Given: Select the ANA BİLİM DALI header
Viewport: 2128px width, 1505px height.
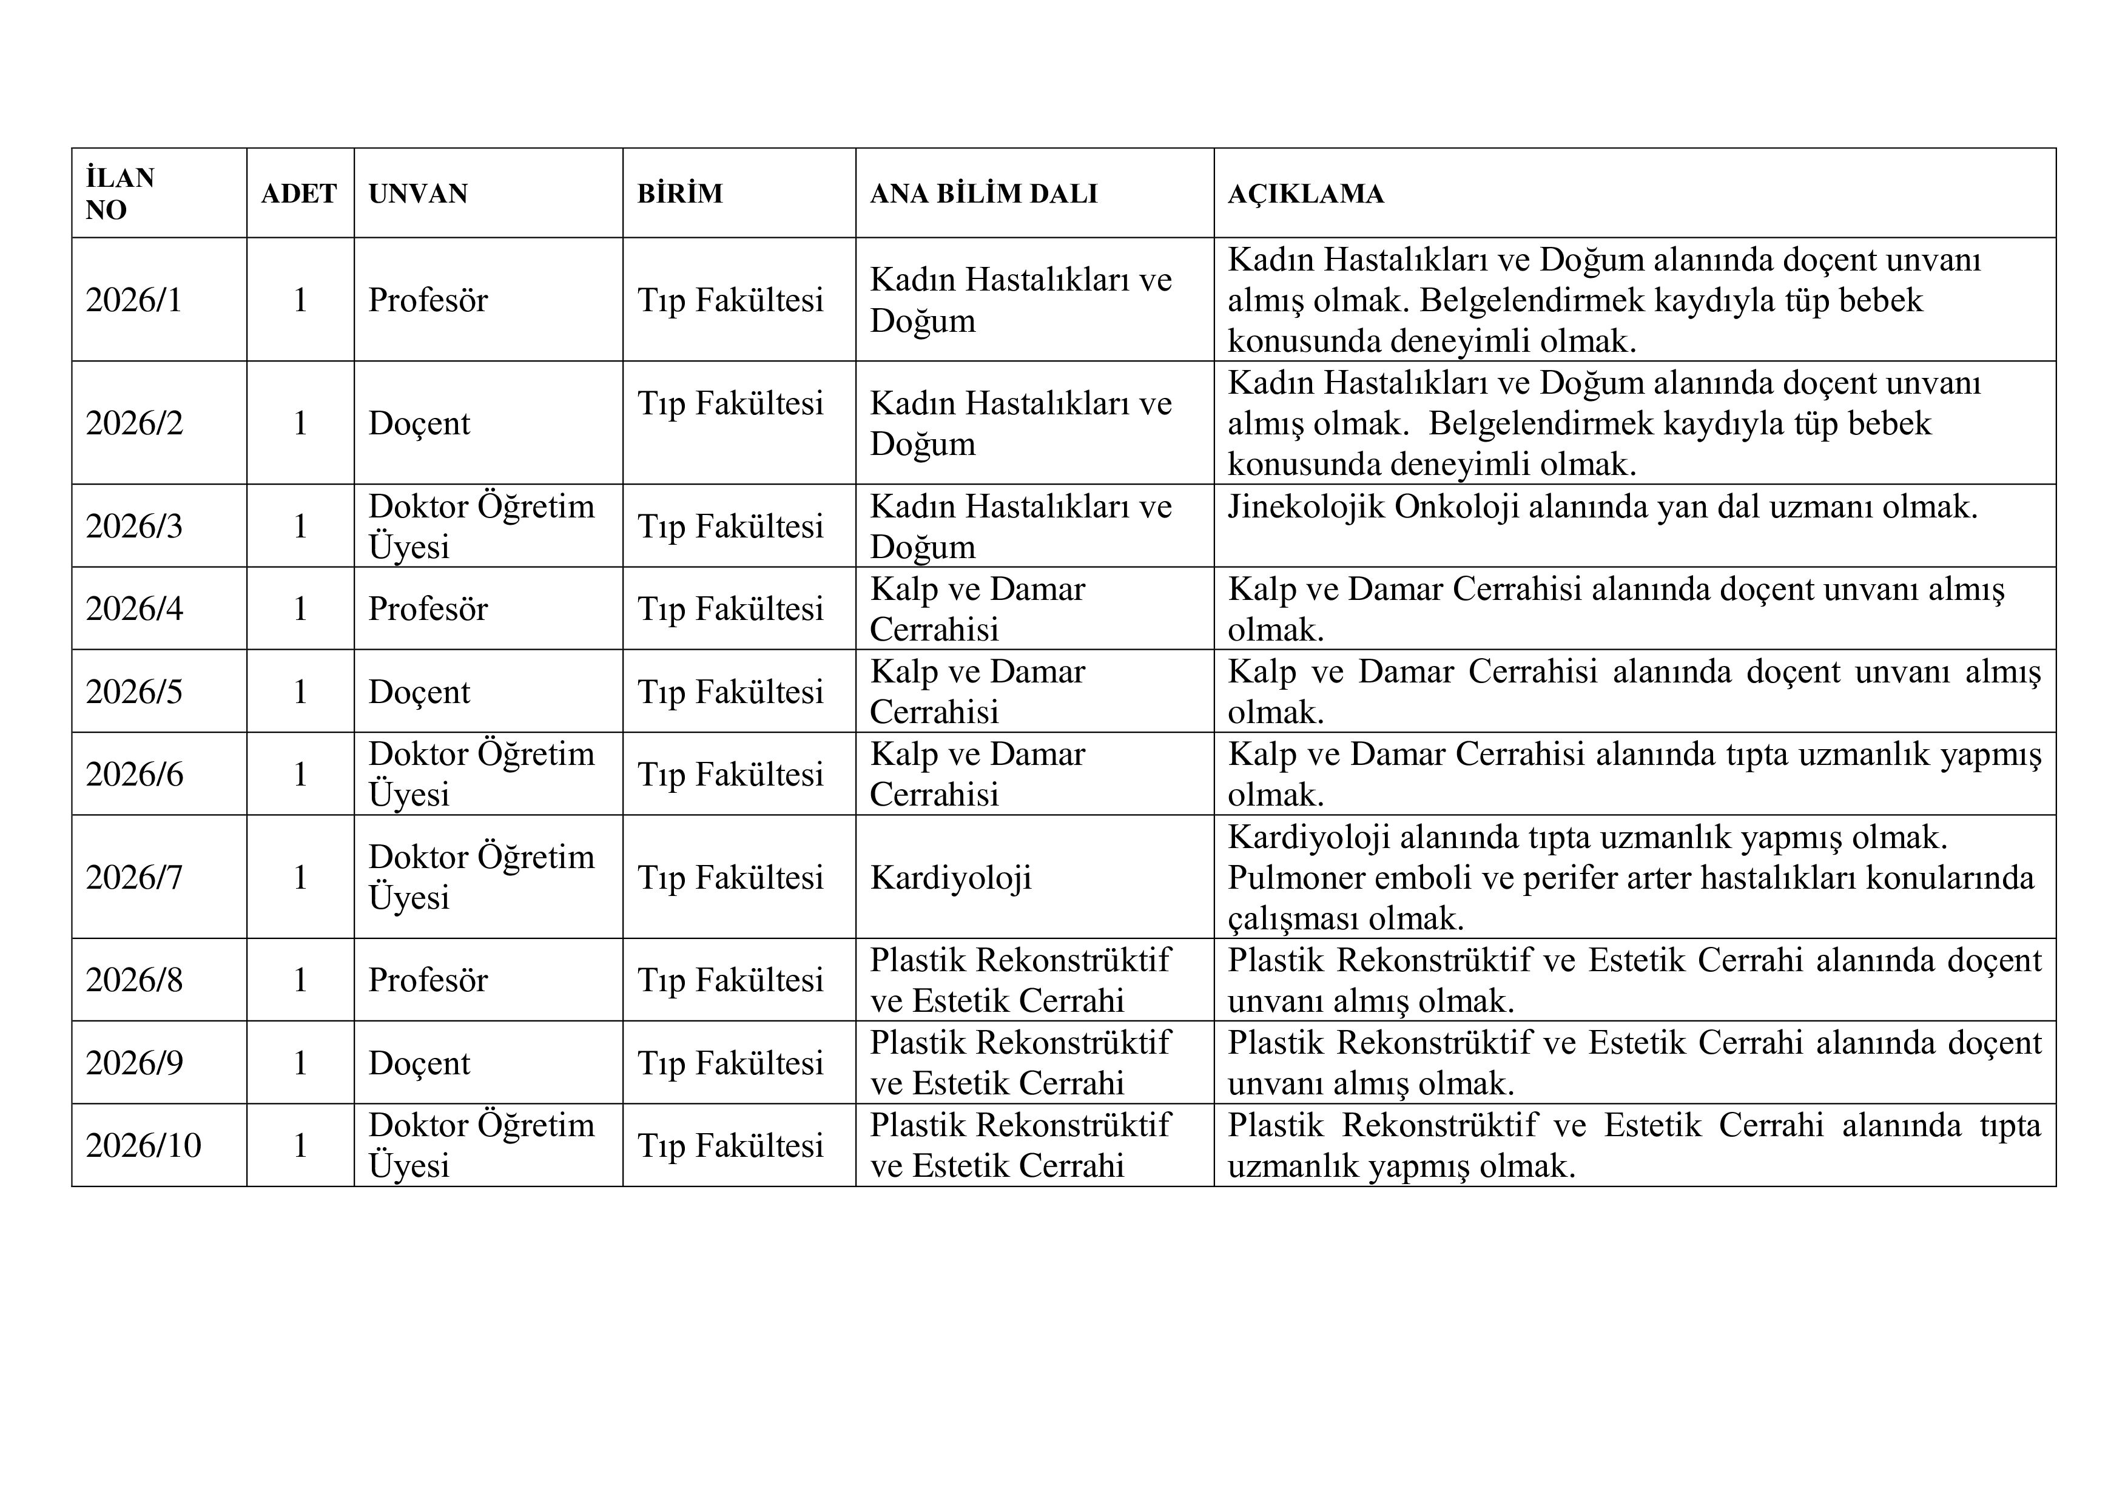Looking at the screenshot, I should click(983, 194).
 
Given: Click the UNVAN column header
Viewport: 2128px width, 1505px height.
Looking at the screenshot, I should click(418, 194).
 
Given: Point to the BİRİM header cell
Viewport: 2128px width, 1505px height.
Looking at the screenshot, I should click(679, 194).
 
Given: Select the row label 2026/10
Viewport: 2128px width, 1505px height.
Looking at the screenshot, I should click(144, 1145).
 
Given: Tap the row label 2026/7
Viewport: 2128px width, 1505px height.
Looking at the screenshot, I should click(135, 878).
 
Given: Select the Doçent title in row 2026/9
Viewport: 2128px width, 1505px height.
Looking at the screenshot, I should click(419, 1063).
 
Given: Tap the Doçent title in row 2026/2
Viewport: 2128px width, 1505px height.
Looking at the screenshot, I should click(419, 423).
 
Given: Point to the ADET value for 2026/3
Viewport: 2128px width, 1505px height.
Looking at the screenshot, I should click(300, 527).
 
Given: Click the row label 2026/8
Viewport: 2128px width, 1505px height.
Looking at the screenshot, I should click(135, 980).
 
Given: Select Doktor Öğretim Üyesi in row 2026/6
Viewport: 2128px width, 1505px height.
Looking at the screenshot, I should click(481, 774).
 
